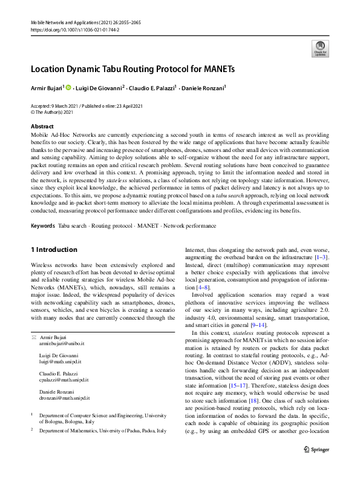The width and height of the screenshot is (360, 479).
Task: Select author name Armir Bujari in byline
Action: pos(46,88)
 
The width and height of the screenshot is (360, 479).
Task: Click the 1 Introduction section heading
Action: pos(53,249)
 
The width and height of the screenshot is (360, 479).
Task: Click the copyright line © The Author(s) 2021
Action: pos(51,112)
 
